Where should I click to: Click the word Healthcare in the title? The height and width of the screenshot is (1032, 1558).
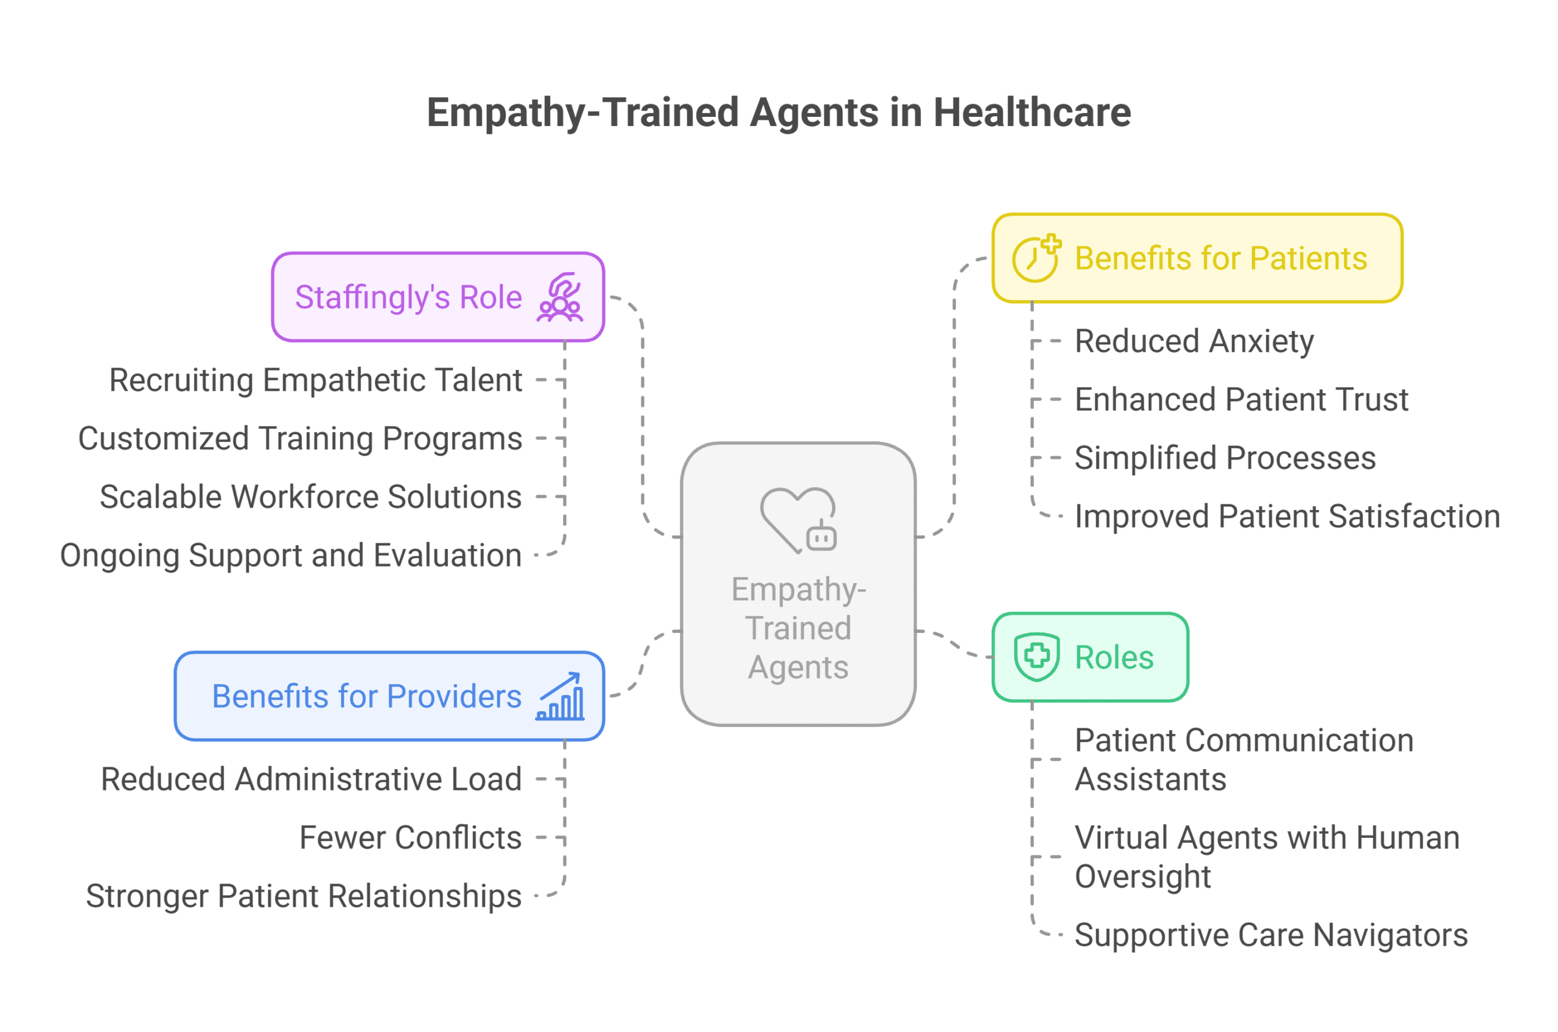click(1032, 113)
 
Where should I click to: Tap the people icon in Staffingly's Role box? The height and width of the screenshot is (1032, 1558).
click(559, 298)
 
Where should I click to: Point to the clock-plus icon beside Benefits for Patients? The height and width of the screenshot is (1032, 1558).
click(1036, 258)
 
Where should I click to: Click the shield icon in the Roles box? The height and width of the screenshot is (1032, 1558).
click(1036, 657)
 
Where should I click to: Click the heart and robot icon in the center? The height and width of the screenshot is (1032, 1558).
click(798, 520)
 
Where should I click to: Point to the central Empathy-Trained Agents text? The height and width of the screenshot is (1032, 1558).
click(798, 628)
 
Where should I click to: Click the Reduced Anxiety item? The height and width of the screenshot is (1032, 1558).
click(1193, 341)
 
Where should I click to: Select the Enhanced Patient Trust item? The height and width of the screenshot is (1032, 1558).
click(1241, 400)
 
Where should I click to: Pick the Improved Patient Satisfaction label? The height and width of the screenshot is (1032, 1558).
click(1287, 517)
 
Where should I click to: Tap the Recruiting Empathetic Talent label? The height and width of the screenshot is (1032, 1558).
click(315, 380)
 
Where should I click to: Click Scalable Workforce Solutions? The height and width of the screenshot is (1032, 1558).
click(310, 497)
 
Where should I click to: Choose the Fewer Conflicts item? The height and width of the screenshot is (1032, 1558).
click(410, 838)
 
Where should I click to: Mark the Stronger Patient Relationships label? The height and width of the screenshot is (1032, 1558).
click(304, 896)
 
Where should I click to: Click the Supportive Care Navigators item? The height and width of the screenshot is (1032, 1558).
click(1270, 935)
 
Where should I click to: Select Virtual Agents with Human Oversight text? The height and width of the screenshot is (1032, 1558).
click(1266, 857)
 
